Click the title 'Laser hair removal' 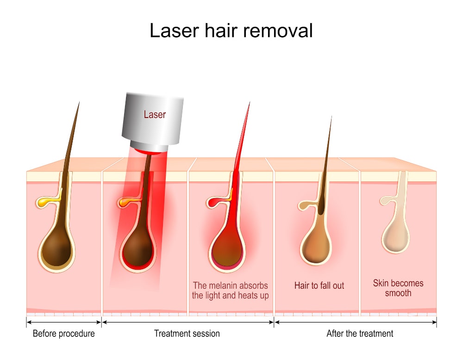pos(231,31)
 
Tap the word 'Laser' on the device pos(155,114)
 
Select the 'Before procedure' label pos(64,334)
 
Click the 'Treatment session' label pos(187,334)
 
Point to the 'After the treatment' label pos(360,334)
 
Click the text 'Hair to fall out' pos(319,286)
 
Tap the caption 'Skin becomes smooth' pos(398,288)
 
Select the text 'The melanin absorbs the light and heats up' pos(230,291)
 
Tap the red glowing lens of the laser pos(149,151)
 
